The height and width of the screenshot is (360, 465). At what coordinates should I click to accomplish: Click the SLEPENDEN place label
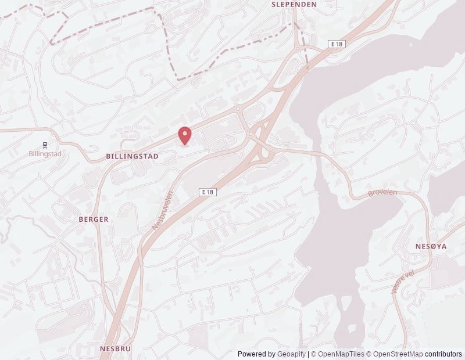294,4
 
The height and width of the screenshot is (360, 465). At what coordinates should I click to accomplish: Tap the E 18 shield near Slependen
337,44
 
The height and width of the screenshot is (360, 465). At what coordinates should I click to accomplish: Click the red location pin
185,135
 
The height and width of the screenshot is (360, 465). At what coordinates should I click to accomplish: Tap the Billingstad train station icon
45,145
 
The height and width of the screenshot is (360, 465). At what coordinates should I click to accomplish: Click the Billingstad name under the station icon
45,154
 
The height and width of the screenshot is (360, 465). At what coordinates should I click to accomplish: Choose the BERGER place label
94,219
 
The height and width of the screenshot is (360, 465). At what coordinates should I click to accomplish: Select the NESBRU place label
115,348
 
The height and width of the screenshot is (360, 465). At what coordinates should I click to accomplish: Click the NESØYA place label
431,246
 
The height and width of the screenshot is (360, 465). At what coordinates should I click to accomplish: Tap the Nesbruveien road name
163,211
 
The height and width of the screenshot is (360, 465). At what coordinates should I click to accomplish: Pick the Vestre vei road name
403,281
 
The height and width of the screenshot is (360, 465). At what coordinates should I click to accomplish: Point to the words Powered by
256,354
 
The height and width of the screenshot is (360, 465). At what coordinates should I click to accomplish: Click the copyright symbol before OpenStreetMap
369,354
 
